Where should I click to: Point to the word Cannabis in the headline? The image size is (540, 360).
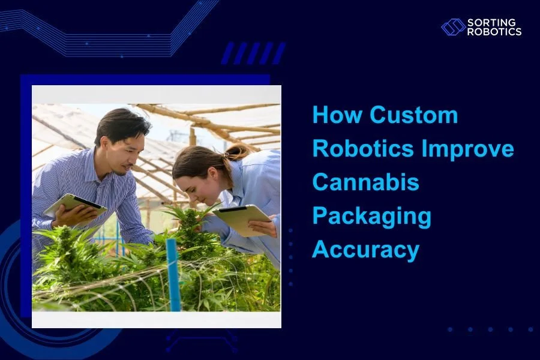(365, 182)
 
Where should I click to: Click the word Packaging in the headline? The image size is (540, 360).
(371, 216)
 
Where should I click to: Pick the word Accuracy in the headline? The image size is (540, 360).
(365, 250)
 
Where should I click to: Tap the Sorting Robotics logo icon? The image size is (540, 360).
(453, 27)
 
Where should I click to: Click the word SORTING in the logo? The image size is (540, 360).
(491, 23)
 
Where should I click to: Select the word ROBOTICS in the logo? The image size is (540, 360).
(494, 32)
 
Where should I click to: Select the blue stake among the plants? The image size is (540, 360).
(173, 273)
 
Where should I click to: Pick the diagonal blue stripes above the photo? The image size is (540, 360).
(252, 53)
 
